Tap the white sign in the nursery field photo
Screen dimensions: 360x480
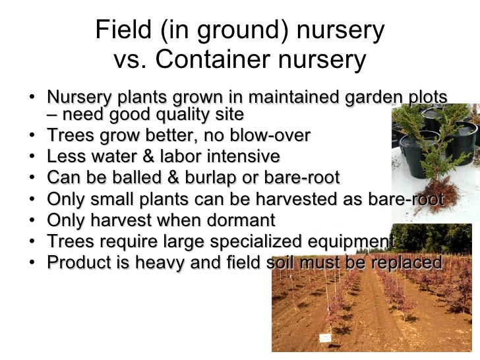pyautogui.click(x=325, y=338)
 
